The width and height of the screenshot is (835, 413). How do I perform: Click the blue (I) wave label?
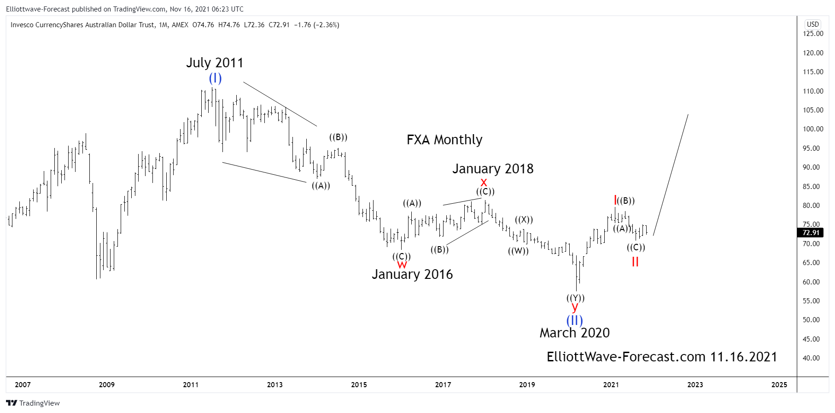pos(215,78)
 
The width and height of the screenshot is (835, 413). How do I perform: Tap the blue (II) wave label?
pos(574,320)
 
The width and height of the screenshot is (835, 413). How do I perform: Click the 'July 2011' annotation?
pos(215,63)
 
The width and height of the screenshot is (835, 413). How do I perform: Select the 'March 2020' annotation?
pos(574,333)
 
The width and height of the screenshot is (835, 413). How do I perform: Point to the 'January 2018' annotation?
pos(492,169)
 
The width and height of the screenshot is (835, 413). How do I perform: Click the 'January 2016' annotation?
pos(412,274)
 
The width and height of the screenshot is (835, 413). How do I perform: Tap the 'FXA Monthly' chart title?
pos(444,140)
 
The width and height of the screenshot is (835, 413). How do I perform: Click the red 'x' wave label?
pos(484,182)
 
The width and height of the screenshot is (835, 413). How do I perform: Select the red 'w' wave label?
pos(402,265)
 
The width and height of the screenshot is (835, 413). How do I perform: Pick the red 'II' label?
pos(635,262)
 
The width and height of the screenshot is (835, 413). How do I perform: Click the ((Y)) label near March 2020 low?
pos(575,298)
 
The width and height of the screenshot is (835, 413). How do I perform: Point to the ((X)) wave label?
pos(524,219)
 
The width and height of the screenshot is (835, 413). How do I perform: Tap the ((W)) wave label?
pos(518,251)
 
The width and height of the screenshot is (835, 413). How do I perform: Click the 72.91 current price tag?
pos(811,233)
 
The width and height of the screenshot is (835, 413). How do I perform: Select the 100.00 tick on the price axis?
pos(812,129)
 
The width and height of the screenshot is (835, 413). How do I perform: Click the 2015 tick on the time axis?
pos(359,384)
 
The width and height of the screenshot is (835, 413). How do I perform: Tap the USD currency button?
pos(812,24)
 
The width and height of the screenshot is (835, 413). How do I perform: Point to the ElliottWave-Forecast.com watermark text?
pos(661,357)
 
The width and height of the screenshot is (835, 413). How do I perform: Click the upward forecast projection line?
pos(671,175)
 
